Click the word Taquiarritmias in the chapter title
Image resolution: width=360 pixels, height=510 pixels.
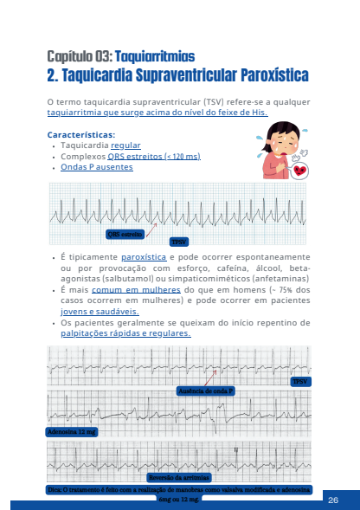(155, 56)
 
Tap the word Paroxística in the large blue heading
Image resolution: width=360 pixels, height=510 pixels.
(263, 76)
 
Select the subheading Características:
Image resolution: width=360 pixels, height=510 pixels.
(80, 134)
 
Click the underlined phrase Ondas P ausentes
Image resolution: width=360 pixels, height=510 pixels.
(98, 167)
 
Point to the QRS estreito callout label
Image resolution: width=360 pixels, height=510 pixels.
(125, 234)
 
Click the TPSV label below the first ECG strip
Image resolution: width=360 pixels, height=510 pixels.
(179, 241)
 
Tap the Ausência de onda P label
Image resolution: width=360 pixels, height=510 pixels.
(206, 391)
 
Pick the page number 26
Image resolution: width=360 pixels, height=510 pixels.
(334, 500)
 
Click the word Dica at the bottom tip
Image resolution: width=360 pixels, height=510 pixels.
(55, 489)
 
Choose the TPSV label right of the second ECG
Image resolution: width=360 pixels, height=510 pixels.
(299, 381)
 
